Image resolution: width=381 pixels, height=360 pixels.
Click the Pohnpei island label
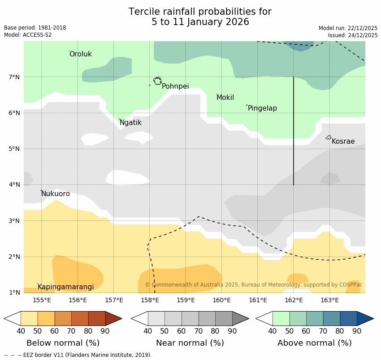pyautogui.click(x=175, y=86)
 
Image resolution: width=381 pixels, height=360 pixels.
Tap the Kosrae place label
pyautogui.click(x=343, y=141)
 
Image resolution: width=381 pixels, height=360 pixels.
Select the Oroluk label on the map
pyautogui.click(x=80, y=54)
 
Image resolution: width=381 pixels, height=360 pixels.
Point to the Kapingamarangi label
pyautogui.click(x=65, y=287)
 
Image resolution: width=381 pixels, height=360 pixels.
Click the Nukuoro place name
pyautogui.click(x=56, y=194)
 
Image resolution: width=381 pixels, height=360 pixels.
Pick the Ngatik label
pyautogui.click(x=130, y=123)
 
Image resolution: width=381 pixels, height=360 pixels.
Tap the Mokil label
pyautogui.click(x=225, y=98)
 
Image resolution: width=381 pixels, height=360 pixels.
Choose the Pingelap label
pyautogui.click(x=262, y=108)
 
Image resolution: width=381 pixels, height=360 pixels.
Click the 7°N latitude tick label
pyautogui.click(x=14, y=77)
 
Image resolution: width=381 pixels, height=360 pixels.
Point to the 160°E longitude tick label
pyautogui.click(x=221, y=300)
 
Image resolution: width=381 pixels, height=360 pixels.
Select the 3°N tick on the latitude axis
pyautogui.click(x=14, y=221)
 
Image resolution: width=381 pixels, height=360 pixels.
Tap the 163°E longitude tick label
pyautogui.click(x=329, y=300)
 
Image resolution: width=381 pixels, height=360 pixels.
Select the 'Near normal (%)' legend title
pyautogui.click(x=190, y=343)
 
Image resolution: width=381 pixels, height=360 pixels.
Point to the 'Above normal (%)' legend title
pyautogui.click(x=314, y=343)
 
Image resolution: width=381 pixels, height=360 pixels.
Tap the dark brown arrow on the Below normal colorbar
pyautogui.click(x=113, y=319)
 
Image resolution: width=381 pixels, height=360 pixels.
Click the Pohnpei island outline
pyautogui.click(x=157, y=81)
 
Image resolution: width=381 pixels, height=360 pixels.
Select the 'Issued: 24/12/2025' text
pyautogui.click(x=352, y=35)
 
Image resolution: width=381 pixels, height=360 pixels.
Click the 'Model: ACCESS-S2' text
pyautogui.click(x=28, y=35)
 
